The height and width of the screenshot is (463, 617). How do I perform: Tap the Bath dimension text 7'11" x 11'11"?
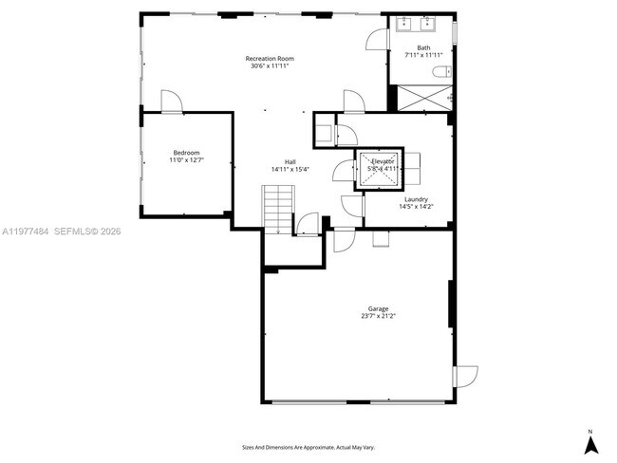tap(423, 56)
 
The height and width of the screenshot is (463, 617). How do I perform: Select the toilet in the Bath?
tap(440, 73)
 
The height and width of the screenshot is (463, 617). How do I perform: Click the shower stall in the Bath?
tap(422, 98)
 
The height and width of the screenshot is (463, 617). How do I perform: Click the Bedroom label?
tap(186, 153)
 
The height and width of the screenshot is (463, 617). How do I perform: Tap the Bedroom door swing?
tap(171, 102)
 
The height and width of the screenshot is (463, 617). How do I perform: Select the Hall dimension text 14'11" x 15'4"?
tap(290, 170)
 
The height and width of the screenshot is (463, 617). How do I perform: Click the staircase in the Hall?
tap(278, 209)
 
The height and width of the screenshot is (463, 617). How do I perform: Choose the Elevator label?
tap(383, 162)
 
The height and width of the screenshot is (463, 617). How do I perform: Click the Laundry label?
tap(416, 199)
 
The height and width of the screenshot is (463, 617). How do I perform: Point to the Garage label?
tap(379, 308)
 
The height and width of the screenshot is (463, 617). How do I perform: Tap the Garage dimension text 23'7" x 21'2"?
tap(379, 316)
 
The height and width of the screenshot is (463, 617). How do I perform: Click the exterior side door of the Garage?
tap(465, 376)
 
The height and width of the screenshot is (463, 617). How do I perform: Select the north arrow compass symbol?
tap(589, 441)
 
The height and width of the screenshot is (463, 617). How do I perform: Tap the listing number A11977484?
tap(24, 231)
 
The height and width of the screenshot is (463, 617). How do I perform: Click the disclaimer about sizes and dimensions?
tap(308, 446)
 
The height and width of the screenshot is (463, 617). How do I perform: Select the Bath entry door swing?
tap(377, 39)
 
